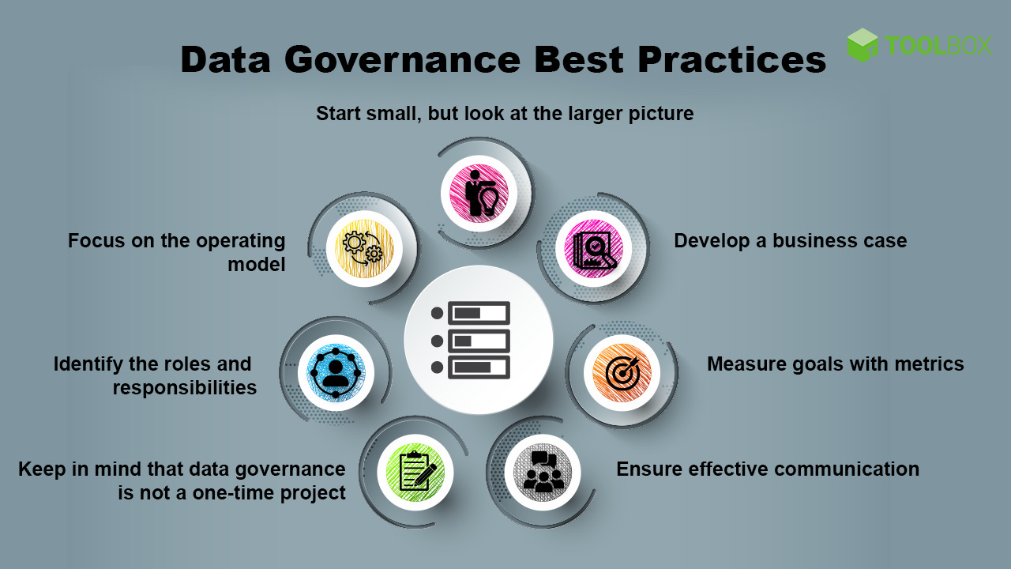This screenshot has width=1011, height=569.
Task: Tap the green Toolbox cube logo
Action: point(863,45)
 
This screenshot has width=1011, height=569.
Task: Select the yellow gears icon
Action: point(364,248)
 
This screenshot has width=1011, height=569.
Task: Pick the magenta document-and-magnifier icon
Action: point(594,248)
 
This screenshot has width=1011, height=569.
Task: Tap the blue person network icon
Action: point(336,372)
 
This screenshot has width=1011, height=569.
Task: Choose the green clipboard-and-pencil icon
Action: point(415,472)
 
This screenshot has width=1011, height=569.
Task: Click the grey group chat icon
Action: point(543,472)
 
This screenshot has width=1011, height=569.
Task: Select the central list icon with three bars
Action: point(478,340)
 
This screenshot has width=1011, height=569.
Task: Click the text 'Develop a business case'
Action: point(790,241)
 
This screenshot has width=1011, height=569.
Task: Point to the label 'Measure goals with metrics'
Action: point(835,364)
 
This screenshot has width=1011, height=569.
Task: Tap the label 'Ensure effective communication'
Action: point(767,469)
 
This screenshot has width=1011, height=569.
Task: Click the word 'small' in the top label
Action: point(393,114)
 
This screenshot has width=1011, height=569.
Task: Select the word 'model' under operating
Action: point(257,265)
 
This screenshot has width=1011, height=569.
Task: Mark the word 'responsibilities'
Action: point(184,388)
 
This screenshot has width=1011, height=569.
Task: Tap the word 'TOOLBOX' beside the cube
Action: point(938,46)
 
